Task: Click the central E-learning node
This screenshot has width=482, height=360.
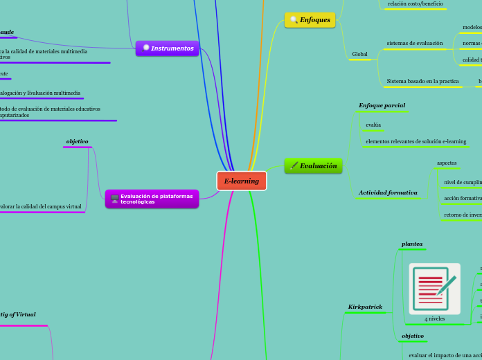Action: (241, 181)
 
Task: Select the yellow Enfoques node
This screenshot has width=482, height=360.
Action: (310, 20)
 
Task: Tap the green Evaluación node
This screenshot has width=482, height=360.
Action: (313, 165)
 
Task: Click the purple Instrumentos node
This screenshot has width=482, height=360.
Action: (168, 48)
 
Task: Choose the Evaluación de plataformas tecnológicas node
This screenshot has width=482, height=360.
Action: (152, 199)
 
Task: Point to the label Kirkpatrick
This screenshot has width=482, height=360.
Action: (365, 306)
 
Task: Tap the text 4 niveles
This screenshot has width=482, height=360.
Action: (435, 318)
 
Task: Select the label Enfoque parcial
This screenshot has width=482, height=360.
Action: (382, 105)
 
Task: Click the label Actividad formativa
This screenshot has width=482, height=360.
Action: (388, 192)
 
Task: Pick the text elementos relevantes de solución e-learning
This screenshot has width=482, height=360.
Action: (416, 141)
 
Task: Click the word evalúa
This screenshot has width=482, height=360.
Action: (373, 125)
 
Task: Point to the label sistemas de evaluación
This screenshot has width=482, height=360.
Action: (414, 43)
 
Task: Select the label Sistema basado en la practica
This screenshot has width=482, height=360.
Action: (422, 81)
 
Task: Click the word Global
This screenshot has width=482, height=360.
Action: (360, 54)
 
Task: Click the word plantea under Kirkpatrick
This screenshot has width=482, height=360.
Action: (412, 244)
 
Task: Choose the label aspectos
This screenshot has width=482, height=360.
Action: (447, 163)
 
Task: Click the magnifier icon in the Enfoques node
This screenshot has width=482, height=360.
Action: (294, 20)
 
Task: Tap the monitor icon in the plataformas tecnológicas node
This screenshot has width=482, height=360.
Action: (114, 199)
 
